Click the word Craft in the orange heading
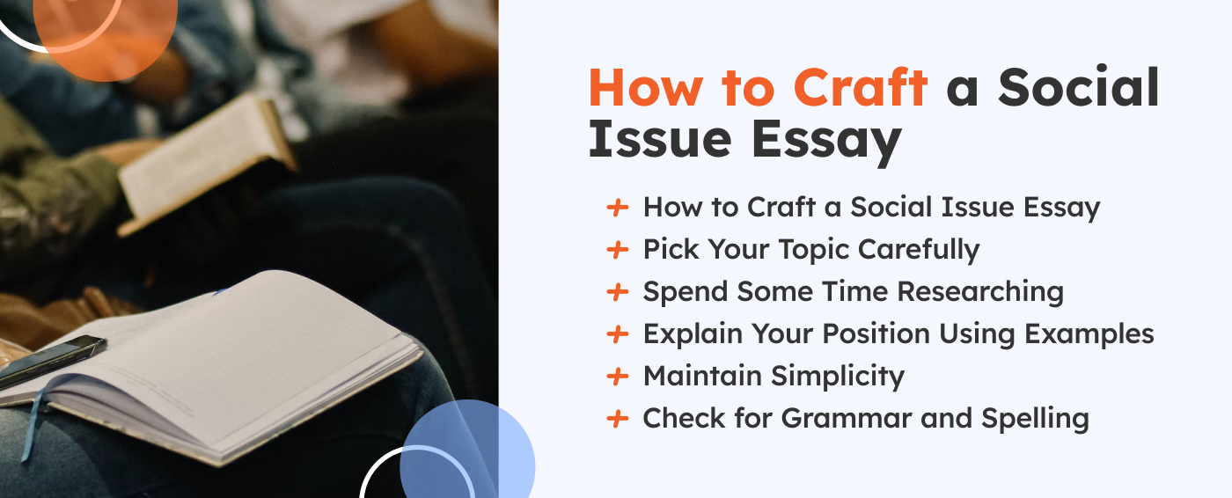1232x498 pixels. point(860,89)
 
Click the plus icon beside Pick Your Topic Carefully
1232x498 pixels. point(618,250)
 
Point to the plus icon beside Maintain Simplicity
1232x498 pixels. point(618,377)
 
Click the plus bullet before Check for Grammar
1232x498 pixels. point(618,419)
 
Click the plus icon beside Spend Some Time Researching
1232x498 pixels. point(618,292)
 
